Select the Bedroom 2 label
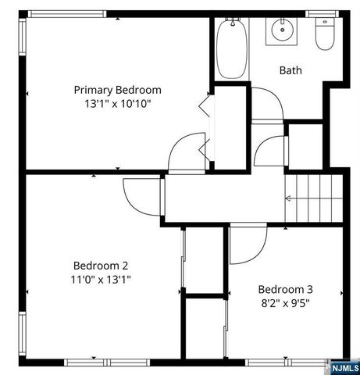coord(101,264)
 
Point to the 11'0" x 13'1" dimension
coord(101,278)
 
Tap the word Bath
coord(290,70)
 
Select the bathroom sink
coord(282,31)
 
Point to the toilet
coord(324,36)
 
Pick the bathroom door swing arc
coord(266,103)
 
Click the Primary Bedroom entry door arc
coord(185,150)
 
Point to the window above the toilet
coord(320,14)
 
